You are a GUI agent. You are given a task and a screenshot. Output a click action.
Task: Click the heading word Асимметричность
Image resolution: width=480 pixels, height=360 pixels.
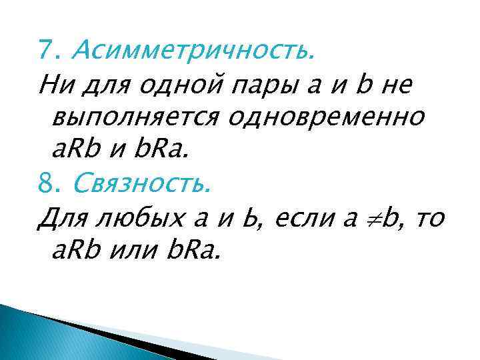tap(193, 49)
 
